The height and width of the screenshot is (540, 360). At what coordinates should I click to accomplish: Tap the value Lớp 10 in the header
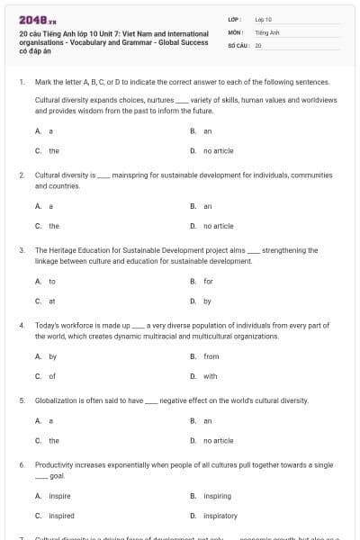tap(264, 19)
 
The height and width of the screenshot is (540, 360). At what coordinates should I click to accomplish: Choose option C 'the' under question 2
tap(54, 226)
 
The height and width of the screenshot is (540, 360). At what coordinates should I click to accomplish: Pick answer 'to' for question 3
tap(51, 281)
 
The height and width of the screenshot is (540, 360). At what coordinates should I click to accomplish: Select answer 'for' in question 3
tap(208, 281)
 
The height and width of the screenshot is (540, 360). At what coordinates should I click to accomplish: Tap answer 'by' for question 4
tap(52, 356)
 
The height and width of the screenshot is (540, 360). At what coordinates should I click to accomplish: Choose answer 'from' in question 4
tap(211, 356)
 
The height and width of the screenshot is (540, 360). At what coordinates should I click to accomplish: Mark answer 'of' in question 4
tap(51, 376)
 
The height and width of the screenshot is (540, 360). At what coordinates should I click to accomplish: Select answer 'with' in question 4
tap(210, 376)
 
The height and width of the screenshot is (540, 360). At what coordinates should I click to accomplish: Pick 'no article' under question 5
tap(218, 441)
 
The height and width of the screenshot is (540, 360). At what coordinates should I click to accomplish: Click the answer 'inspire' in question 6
tap(59, 496)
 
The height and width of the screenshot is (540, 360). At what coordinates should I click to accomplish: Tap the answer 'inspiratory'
tap(220, 516)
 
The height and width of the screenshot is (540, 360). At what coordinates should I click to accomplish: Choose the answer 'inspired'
tap(60, 516)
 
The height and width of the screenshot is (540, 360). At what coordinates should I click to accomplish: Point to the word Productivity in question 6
tap(55, 464)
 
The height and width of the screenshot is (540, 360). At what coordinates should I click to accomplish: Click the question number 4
tap(21, 324)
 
